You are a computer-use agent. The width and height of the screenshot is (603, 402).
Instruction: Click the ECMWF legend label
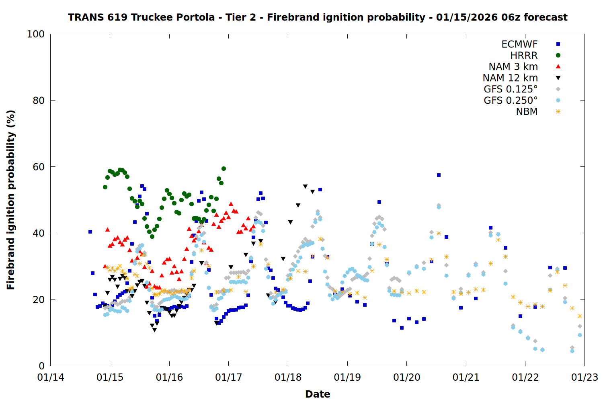click(519, 44)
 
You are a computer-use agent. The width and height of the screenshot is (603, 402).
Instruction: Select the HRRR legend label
click(524, 55)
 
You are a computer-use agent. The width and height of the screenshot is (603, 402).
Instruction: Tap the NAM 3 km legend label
click(513, 67)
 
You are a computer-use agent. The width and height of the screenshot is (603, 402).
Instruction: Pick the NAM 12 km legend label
click(510, 78)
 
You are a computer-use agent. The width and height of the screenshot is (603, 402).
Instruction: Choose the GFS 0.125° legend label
click(511, 89)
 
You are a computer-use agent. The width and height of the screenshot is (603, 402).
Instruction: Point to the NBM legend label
click(527, 112)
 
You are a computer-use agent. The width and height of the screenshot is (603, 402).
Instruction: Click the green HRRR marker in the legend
click(558, 55)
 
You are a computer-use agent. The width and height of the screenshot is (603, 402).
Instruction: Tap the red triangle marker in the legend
click(558, 67)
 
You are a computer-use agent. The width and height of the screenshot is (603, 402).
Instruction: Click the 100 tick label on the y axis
click(35, 34)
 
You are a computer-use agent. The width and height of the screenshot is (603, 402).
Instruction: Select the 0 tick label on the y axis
click(41, 366)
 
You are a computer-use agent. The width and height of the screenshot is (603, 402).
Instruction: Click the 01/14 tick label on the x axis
click(51, 377)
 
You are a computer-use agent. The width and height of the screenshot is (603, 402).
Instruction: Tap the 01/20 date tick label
click(406, 377)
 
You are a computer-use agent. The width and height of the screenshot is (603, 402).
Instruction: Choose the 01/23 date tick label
click(585, 377)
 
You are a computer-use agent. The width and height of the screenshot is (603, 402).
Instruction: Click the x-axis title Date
click(318, 394)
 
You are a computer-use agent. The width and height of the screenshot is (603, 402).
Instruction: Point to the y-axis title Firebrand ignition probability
click(11, 200)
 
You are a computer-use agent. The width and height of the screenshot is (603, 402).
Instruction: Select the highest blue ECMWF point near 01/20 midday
click(439, 175)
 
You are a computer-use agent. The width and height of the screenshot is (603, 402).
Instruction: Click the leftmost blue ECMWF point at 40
click(90, 232)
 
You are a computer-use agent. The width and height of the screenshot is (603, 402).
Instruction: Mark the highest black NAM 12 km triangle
click(305, 187)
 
